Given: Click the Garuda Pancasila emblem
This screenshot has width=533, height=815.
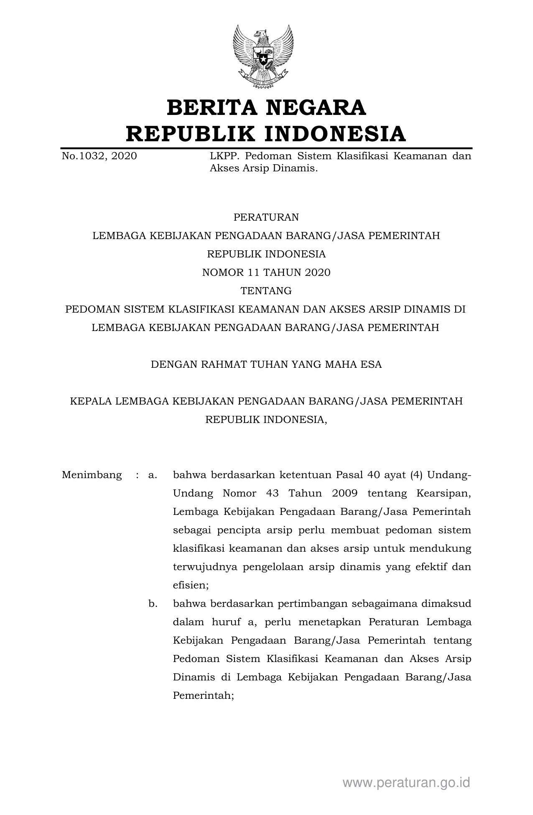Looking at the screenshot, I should [x=263, y=56].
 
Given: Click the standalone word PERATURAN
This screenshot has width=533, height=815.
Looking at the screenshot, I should [x=266, y=217].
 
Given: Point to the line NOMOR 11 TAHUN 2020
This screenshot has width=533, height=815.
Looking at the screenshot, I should [x=266, y=273].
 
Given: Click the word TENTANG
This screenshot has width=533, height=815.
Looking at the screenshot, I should [x=266, y=291].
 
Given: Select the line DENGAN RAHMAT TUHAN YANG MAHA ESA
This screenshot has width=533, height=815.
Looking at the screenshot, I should [x=266, y=364].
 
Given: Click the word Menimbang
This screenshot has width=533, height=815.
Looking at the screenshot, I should [x=92, y=475].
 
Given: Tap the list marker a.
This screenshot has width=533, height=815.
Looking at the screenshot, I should [x=152, y=475].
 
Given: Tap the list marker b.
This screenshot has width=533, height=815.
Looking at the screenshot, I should [x=152, y=604].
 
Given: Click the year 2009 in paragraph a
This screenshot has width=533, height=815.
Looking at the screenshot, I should [x=344, y=493].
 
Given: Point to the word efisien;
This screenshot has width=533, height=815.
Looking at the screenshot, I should [x=191, y=585].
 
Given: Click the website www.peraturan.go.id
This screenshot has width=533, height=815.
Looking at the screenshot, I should [x=406, y=782].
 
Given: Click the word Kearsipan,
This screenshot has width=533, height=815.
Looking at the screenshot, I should [x=444, y=493].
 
